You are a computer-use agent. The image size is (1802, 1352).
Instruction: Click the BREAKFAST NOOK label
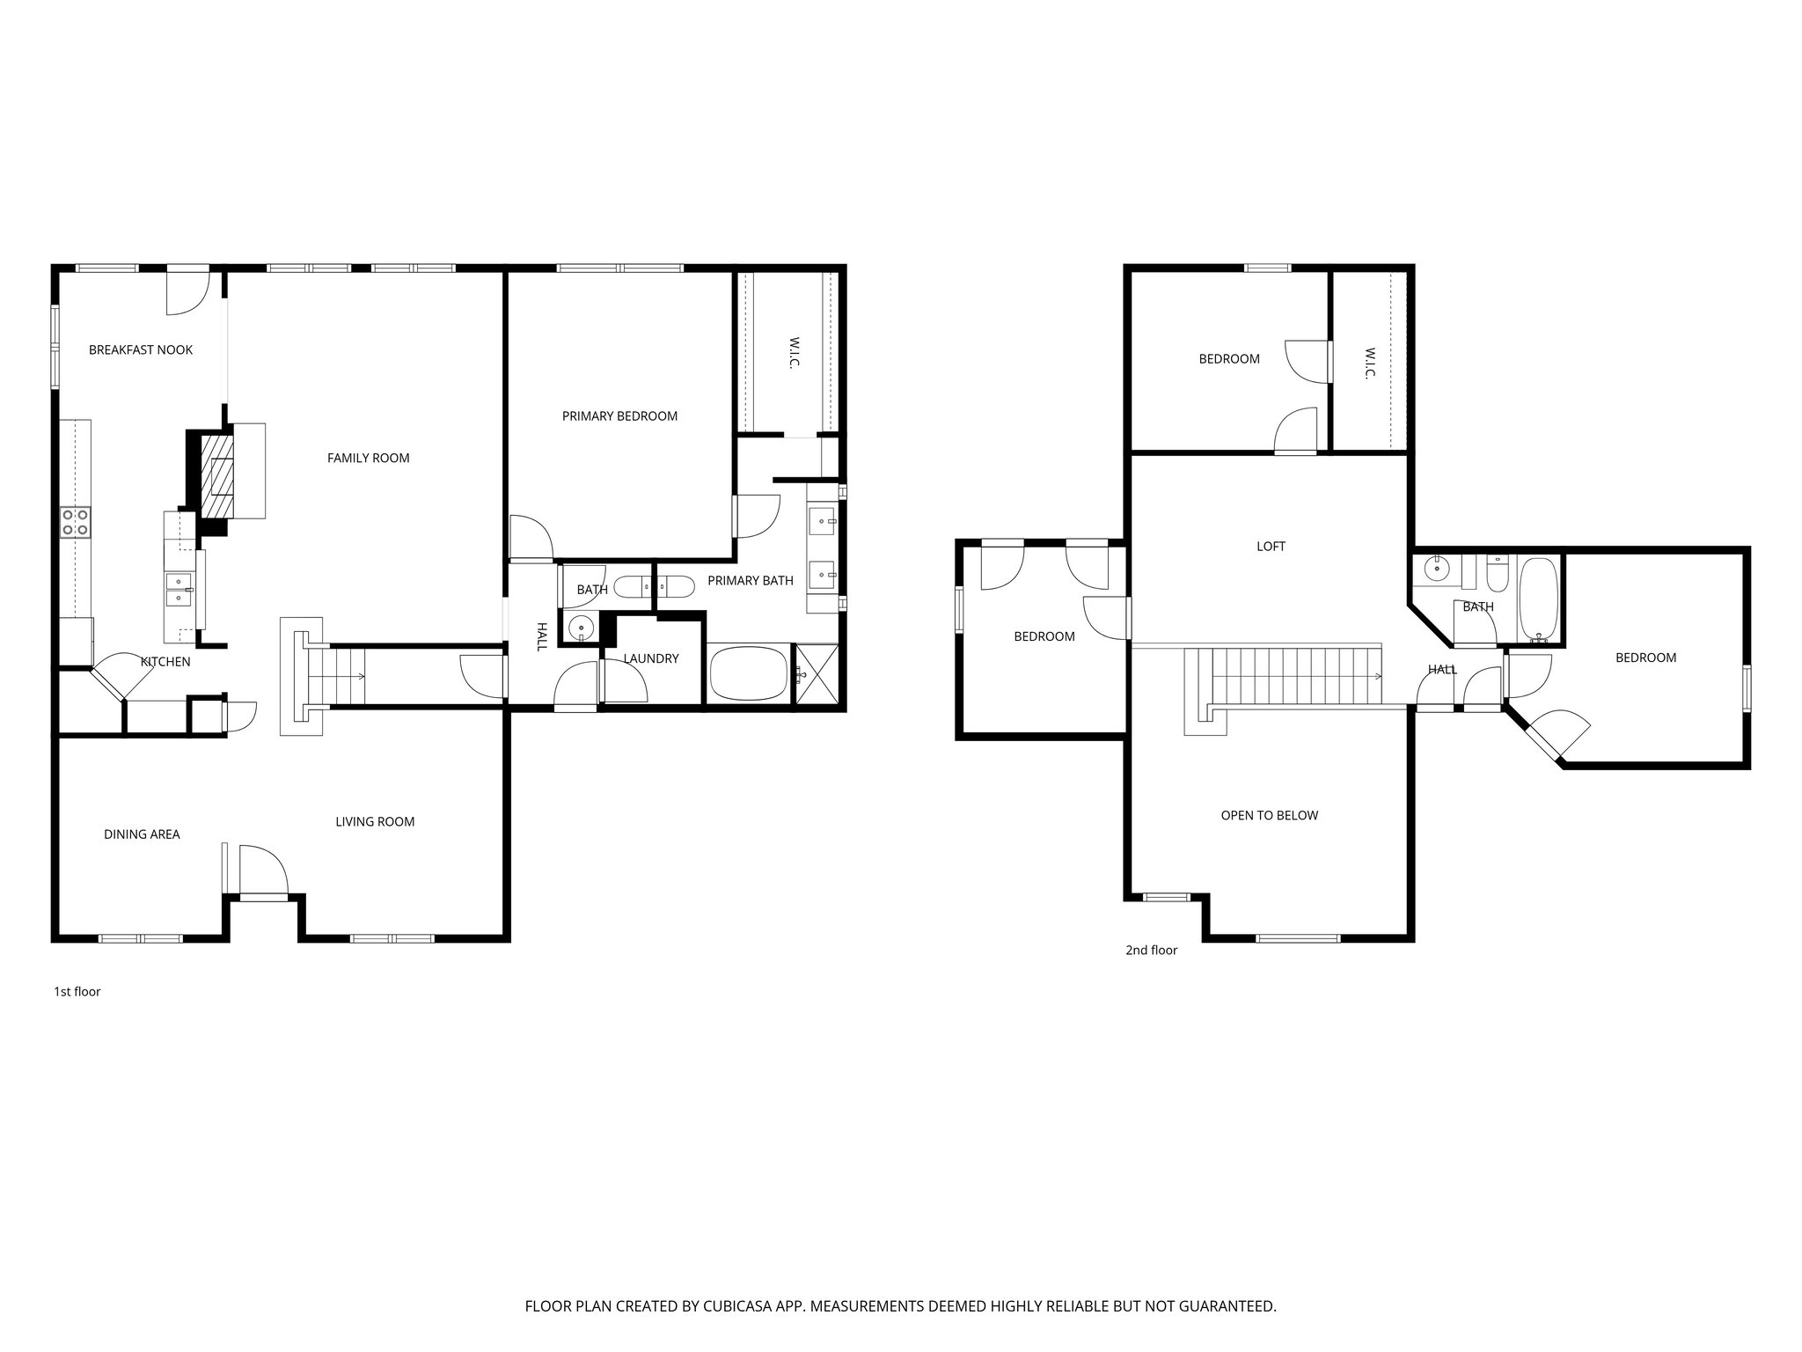click(x=141, y=350)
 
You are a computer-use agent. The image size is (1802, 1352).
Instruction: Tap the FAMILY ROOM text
click(x=368, y=458)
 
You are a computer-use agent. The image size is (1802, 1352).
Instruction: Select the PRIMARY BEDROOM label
click(x=619, y=416)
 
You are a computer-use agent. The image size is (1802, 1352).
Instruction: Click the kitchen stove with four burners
click(x=75, y=522)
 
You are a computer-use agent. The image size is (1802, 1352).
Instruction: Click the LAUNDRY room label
click(x=651, y=658)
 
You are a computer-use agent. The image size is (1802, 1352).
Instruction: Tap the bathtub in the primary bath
click(x=748, y=675)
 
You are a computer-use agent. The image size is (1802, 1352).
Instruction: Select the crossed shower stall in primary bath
click(x=815, y=674)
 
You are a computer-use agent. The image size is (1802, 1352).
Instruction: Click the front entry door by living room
click(x=263, y=871)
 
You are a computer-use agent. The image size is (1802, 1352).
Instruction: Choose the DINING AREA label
click(x=142, y=834)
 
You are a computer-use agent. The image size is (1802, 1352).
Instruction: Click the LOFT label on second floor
click(x=1271, y=547)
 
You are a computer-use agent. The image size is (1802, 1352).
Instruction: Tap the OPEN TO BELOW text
click(x=1269, y=816)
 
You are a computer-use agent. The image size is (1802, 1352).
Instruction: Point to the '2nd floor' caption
click(x=1151, y=951)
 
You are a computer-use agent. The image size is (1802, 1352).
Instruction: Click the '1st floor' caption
click(x=77, y=992)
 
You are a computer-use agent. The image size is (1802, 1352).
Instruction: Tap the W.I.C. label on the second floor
click(x=1369, y=363)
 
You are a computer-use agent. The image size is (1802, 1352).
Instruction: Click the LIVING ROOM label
click(x=375, y=822)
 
